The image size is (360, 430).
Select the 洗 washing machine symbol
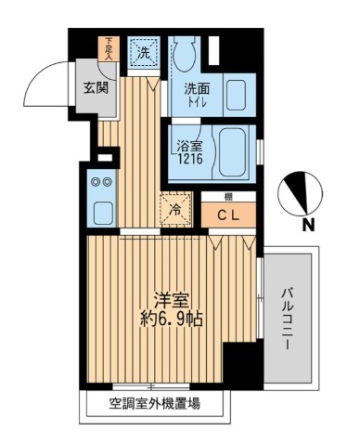(x=143, y=53)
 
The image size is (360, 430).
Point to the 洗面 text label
(x=195, y=90)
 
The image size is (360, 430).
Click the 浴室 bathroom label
(x=190, y=146)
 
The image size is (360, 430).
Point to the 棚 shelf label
(x=226, y=197)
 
